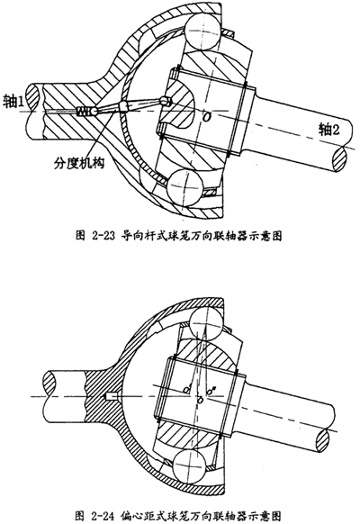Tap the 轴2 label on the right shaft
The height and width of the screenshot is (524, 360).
point(328,130)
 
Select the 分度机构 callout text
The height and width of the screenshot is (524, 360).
point(79,163)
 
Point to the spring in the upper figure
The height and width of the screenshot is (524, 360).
point(84,112)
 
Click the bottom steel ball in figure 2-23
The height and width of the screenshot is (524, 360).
point(184,186)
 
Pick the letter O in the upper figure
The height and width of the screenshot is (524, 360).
point(207,117)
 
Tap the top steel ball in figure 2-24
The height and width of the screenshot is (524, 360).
point(205,322)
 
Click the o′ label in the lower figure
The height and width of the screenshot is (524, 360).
point(186,389)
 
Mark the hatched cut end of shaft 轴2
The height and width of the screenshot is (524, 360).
point(341,159)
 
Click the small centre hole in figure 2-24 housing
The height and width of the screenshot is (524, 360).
point(109,396)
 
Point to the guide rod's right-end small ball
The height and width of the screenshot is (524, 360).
point(165,100)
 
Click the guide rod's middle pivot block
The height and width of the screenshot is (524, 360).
point(123,106)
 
